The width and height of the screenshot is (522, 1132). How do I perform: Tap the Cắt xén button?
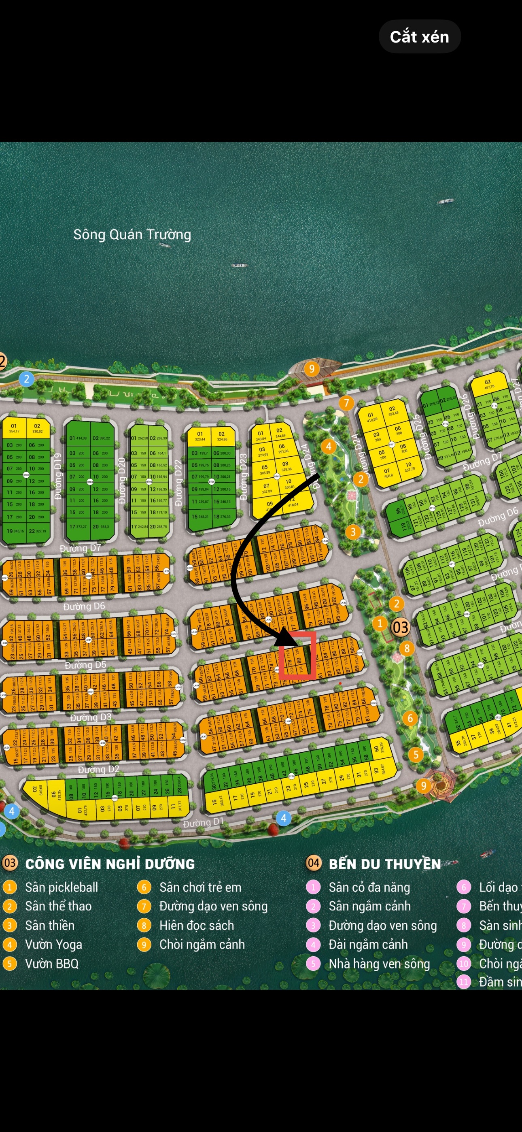coord(419,37)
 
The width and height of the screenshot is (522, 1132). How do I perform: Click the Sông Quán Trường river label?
coord(132,234)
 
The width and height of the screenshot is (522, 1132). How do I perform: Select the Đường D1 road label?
coord(204,822)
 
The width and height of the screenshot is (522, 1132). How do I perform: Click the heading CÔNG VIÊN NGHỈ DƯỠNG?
coord(110,864)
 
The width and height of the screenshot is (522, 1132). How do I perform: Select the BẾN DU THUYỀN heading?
coord(384,864)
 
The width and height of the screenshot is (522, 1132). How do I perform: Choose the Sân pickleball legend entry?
coord(62,887)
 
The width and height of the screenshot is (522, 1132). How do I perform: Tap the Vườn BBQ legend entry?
coord(51,964)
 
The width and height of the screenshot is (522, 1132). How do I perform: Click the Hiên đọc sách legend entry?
coord(196,926)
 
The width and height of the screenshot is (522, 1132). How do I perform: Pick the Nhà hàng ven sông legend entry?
coord(379,964)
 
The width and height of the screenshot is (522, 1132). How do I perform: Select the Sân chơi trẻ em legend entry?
coord(200,887)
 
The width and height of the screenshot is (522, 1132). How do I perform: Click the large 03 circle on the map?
coord(400,627)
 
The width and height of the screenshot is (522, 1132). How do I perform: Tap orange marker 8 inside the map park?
coord(407,648)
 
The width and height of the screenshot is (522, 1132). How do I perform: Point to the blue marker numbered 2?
coord(27,379)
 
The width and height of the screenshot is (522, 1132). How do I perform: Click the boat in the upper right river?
coord(446,201)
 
